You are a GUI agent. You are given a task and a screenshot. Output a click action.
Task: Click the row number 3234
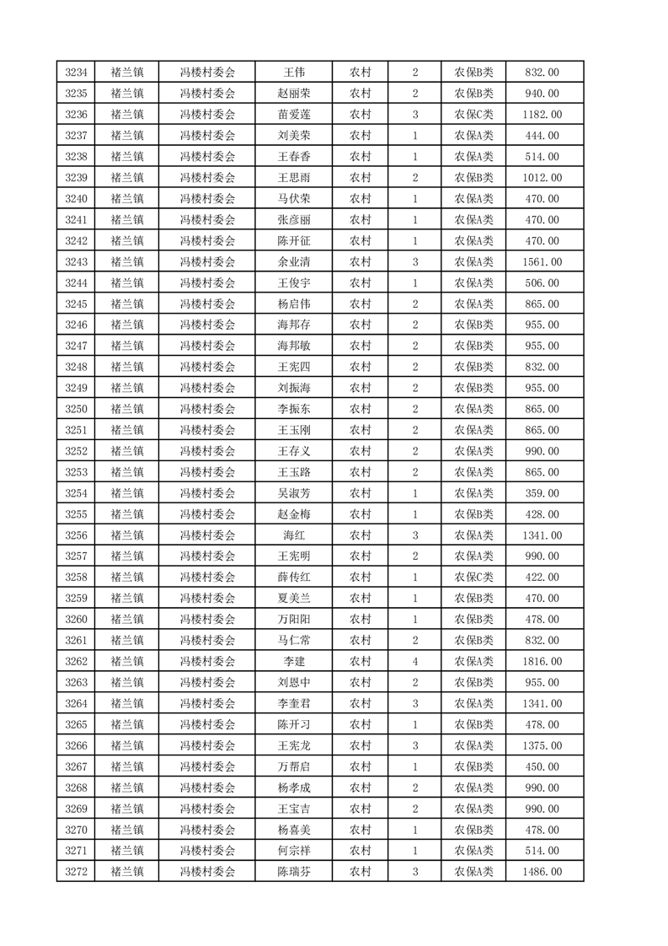(x=76, y=73)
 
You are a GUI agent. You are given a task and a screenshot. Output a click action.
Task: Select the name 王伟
(x=294, y=73)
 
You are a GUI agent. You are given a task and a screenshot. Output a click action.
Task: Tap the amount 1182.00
(x=542, y=115)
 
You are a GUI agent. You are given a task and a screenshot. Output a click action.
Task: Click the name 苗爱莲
(x=294, y=115)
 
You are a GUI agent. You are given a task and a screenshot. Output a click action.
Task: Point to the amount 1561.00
(x=542, y=262)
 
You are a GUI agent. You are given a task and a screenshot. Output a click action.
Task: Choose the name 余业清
(x=294, y=262)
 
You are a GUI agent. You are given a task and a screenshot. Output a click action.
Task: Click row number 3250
(x=76, y=409)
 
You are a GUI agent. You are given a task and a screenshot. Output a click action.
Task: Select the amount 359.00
(x=542, y=493)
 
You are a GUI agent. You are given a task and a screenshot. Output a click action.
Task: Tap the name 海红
(x=294, y=535)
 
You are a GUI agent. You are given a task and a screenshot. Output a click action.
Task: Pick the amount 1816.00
(x=542, y=662)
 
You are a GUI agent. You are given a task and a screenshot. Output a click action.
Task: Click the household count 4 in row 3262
(x=415, y=662)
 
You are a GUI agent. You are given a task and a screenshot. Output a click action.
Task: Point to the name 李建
(x=294, y=662)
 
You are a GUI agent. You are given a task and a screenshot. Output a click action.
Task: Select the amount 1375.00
(x=542, y=745)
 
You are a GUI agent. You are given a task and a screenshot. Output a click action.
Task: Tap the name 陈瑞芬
(x=294, y=872)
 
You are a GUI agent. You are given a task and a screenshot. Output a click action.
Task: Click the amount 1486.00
(x=542, y=872)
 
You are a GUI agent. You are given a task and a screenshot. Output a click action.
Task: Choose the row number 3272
(x=76, y=872)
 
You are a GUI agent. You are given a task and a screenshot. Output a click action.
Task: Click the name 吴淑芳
(x=294, y=493)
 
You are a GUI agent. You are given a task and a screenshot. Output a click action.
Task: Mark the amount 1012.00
(x=542, y=178)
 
